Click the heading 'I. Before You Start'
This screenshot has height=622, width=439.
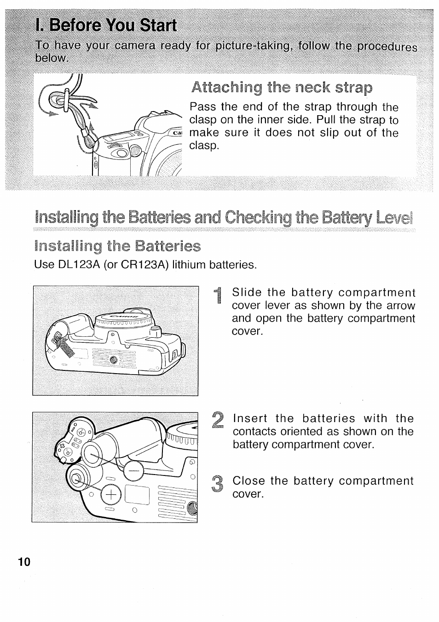click(106, 26)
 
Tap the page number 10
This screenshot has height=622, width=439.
click(24, 562)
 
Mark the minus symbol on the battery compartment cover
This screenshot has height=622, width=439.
click(133, 471)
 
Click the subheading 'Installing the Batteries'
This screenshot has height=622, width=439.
click(117, 246)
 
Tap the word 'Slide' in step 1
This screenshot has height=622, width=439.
click(247, 293)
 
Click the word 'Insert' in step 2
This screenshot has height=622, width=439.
click(250, 419)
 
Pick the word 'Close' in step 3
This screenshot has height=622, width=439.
click(249, 481)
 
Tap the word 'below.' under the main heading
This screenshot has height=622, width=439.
click(52, 59)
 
